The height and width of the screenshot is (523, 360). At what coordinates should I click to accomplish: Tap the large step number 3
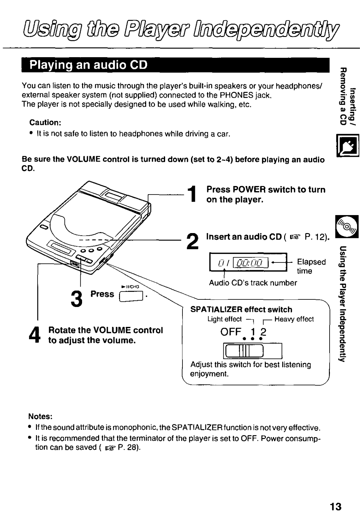pos(76,298)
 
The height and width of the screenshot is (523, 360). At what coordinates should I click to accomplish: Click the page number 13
pos(335,507)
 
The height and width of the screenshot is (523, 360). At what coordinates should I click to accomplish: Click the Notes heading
pos(40,416)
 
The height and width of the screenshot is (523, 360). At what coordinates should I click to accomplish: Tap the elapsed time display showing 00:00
pos(251,262)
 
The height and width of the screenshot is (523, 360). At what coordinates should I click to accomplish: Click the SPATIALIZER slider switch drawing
pos(252,351)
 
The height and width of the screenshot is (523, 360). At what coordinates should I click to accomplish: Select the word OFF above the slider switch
pos(231,332)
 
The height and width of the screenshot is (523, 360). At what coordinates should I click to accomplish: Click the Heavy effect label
pos(294,319)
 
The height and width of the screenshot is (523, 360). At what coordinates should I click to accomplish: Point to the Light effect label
pos(225,319)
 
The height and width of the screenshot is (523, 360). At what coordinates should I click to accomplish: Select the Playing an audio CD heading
pos(88,65)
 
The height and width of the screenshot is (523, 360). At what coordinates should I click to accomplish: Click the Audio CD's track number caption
pos(253,283)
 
